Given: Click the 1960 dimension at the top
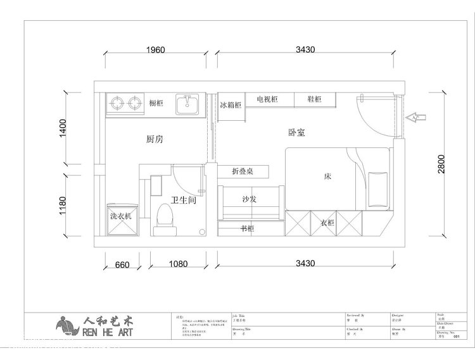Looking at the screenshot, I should point(151,50).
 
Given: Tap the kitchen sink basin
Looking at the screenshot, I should point(187,104).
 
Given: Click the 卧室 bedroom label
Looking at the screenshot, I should point(296,133).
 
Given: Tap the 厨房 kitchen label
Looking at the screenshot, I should point(155,139).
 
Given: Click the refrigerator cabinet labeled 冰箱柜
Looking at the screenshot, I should point(231,105).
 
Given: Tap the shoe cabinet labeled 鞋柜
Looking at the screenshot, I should point(314,99).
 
